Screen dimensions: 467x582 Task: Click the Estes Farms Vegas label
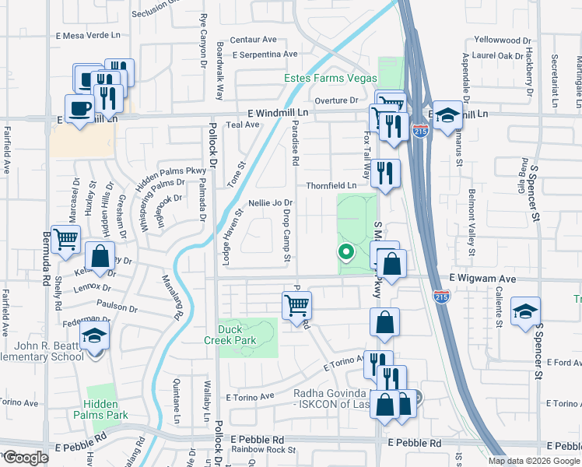click(330, 79)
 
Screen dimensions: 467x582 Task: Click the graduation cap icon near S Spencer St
click(525, 312)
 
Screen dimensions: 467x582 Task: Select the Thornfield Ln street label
click(331, 185)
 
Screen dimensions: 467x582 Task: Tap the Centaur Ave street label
click(258, 39)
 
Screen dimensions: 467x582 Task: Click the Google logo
click(26, 458)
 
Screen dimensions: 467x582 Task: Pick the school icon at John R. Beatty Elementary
click(95, 336)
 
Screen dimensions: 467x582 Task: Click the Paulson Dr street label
click(117, 307)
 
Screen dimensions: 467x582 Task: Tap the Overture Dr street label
click(335, 100)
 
